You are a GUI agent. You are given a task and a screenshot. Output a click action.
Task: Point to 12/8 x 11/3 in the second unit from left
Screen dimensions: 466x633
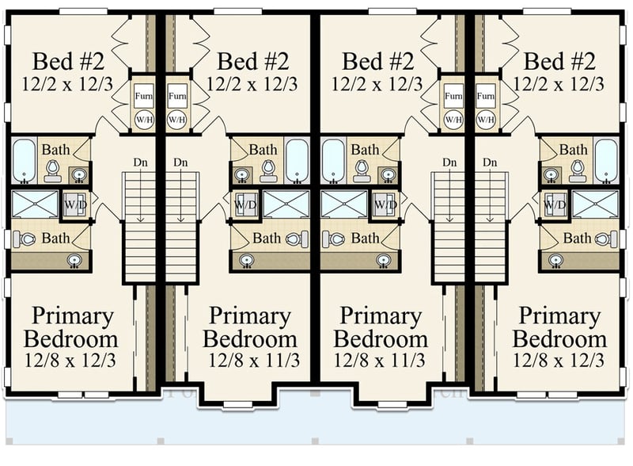point(253,361)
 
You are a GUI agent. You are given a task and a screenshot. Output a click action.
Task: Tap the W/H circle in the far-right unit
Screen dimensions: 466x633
point(486,118)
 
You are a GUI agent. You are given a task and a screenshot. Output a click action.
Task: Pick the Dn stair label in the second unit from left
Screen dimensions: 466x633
point(181,162)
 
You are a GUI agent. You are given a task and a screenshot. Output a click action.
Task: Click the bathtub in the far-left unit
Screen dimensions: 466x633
point(24,160)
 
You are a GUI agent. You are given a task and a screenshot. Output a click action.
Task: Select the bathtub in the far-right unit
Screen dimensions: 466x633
point(607,160)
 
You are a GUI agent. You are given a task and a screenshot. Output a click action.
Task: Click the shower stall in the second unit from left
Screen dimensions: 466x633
point(286,204)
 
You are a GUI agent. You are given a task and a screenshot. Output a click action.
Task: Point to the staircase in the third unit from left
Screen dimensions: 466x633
point(449,230)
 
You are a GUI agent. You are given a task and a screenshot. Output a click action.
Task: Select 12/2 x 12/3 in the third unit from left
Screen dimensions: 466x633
point(377,82)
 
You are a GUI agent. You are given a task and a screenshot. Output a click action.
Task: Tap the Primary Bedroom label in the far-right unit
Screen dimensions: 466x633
point(559,328)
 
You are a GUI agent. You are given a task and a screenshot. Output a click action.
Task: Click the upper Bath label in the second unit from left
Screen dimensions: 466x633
point(263,149)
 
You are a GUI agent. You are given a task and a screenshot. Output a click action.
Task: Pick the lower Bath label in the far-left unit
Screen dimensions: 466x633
point(55,238)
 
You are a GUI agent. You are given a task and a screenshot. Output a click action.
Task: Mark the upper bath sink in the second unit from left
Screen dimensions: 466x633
point(241,174)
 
